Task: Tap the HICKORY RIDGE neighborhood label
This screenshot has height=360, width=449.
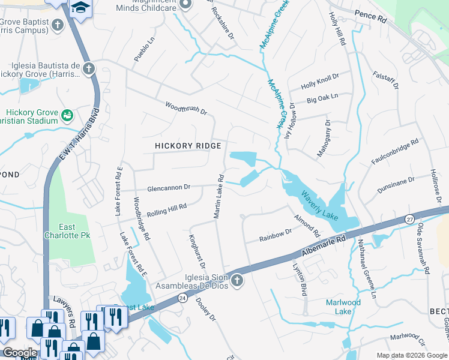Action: (188, 146)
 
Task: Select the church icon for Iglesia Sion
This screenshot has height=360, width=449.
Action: (237, 280)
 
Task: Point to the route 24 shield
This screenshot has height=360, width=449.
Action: (181, 298)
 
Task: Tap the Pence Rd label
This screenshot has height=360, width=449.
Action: (370, 17)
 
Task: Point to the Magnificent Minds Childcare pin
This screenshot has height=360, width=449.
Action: (185, 5)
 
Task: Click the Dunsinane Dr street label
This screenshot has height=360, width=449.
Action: (395, 184)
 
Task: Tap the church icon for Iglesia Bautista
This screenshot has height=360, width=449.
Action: (88, 68)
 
